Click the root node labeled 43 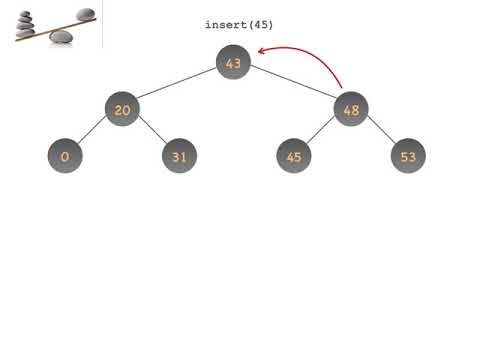click(x=233, y=64)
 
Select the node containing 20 click(x=121, y=110)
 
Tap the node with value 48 click(x=351, y=110)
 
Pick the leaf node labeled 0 click(x=64, y=157)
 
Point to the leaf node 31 click(x=179, y=157)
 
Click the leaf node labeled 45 click(x=293, y=157)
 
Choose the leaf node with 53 click(x=408, y=157)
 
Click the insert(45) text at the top click(x=239, y=24)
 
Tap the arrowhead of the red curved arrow click(x=262, y=49)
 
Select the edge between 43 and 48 click(x=292, y=87)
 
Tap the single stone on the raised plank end click(x=86, y=14)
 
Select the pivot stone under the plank click(x=61, y=37)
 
